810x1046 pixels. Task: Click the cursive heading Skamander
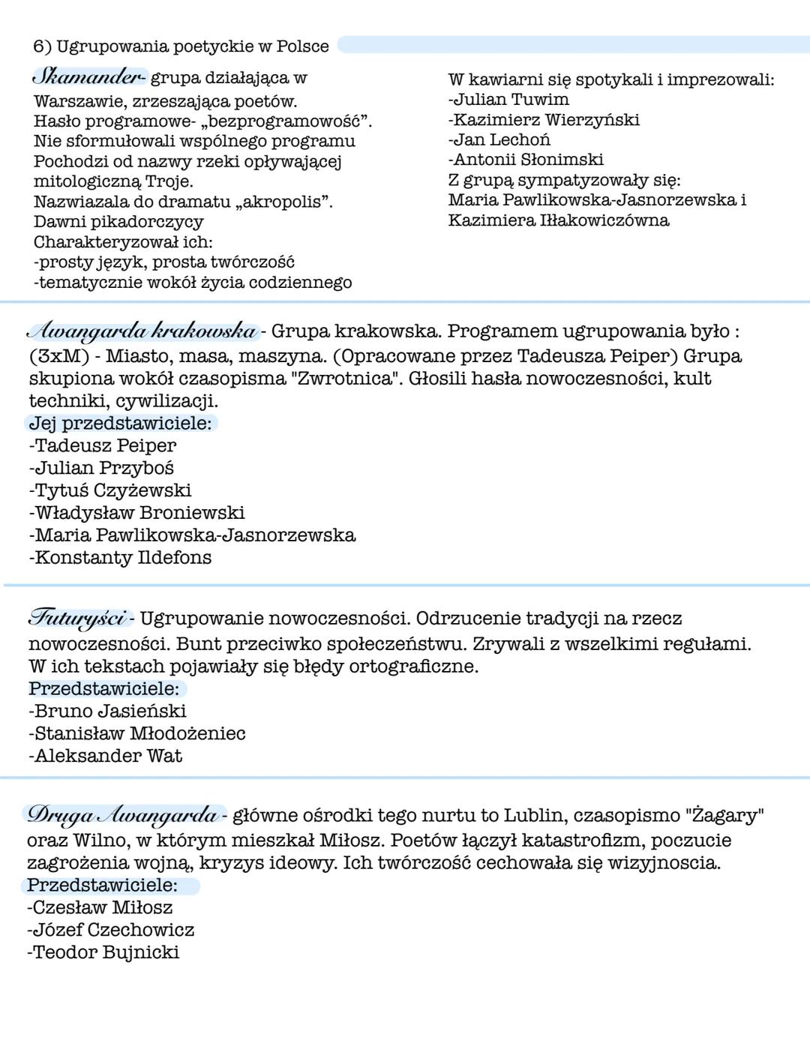pos(88,77)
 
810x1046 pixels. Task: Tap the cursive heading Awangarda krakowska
pos(142,331)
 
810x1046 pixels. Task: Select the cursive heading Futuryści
pos(77,619)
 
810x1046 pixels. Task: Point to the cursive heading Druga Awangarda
pos(122,815)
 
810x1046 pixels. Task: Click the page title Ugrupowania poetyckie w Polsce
pos(193,46)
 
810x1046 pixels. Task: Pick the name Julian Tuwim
pos(510,99)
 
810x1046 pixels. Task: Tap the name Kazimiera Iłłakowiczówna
pos(558,220)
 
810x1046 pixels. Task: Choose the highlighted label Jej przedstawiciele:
pos(120,423)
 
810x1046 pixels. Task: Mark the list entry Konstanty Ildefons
pos(121,558)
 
